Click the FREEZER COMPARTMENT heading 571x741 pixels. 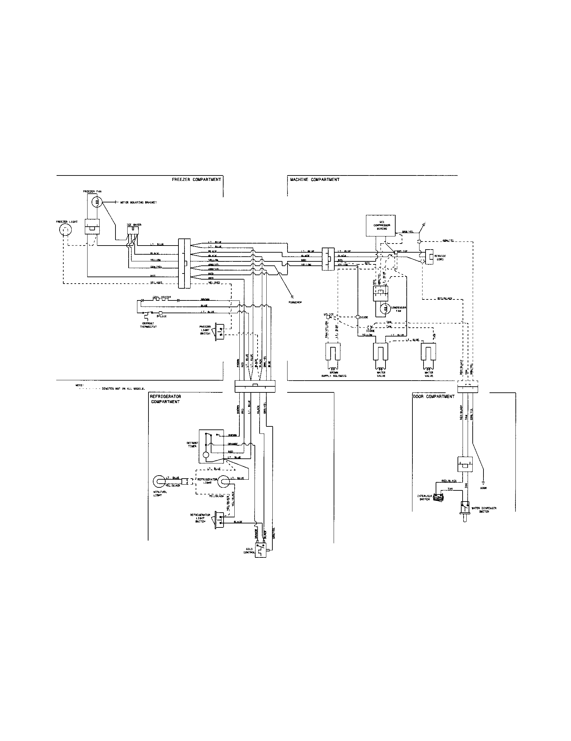coord(197,180)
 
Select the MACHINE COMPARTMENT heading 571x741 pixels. coord(314,180)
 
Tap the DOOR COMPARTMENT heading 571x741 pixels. coord(434,396)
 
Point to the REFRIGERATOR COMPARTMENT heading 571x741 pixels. coord(165,399)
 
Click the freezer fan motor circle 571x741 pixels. coord(97,202)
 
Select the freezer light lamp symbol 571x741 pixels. coord(65,231)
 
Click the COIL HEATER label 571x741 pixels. coord(161,297)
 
